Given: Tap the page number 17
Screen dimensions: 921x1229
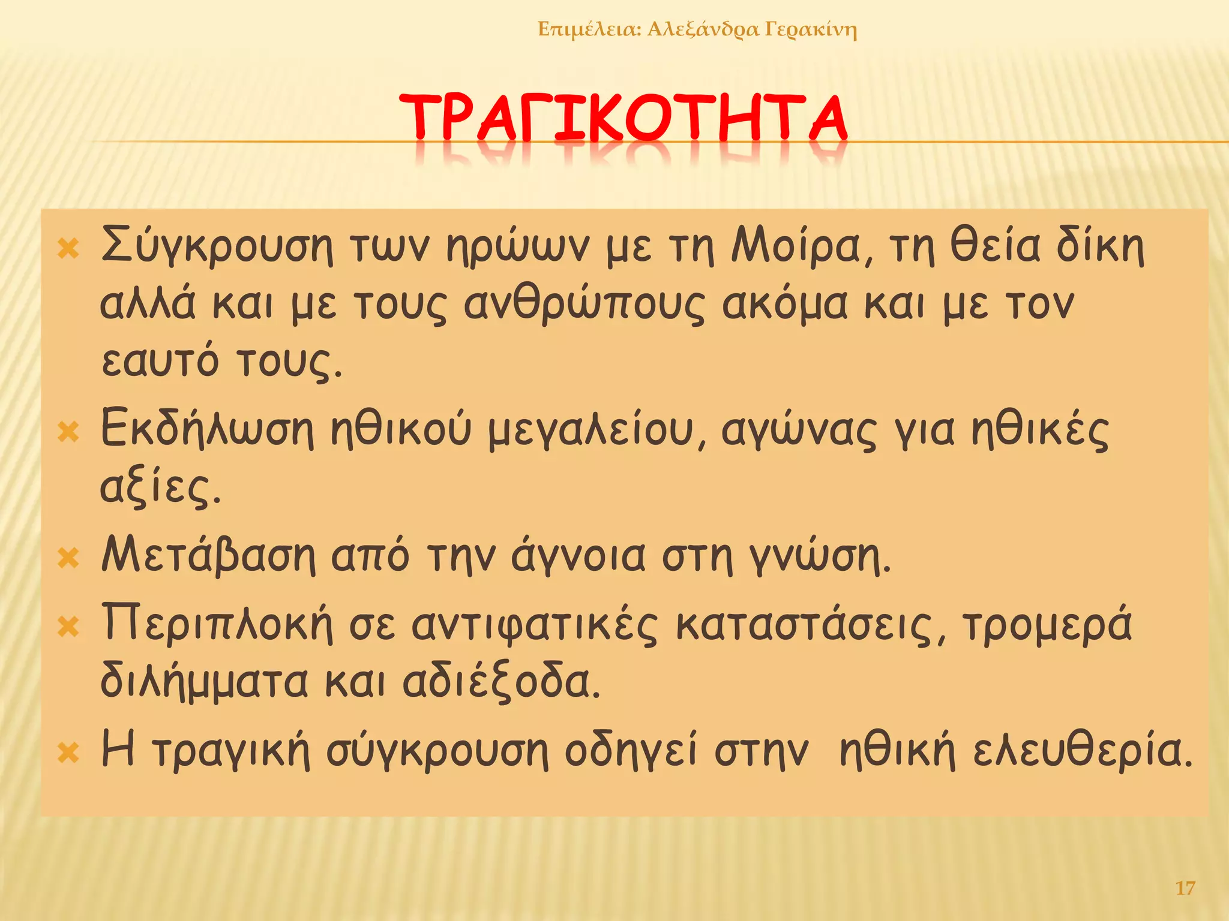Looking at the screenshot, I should coord(1185,888).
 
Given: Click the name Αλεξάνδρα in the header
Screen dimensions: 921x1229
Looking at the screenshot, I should coord(703,29).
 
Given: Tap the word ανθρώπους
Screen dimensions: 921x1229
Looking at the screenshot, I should coord(584,305).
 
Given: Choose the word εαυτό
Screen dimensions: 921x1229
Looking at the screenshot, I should coord(160,362).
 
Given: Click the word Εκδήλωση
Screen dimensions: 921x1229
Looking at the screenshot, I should coord(207,429).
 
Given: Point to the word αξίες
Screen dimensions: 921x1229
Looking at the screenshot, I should coord(160,487).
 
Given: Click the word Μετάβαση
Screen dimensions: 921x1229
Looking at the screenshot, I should coord(208,555).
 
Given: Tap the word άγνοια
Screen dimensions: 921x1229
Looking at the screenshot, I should coord(578,556).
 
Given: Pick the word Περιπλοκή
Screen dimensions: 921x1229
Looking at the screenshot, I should coord(217,624).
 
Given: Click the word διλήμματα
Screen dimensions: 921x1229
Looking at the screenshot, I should coord(203,682).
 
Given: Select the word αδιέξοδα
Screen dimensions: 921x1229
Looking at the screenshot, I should coord(500,682).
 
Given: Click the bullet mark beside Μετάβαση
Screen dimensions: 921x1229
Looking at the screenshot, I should coord(68,558).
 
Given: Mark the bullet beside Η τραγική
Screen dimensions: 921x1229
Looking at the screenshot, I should coord(68,753).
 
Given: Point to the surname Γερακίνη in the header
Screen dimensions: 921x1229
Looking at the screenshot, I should coord(811,29).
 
